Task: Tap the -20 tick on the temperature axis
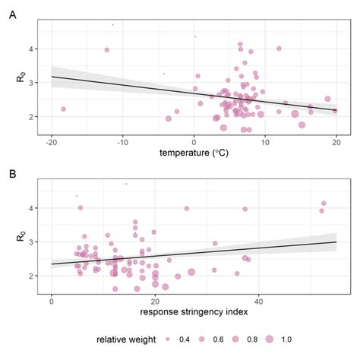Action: (x=52, y=141)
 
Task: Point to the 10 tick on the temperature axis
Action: (x=265, y=141)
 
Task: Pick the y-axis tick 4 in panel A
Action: (x=31, y=49)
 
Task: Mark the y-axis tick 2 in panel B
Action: (x=31, y=276)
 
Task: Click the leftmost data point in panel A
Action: (x=64, y=109)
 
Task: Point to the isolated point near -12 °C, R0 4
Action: (x=107, y=50)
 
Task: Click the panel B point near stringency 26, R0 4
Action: (x=187, y=208)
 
